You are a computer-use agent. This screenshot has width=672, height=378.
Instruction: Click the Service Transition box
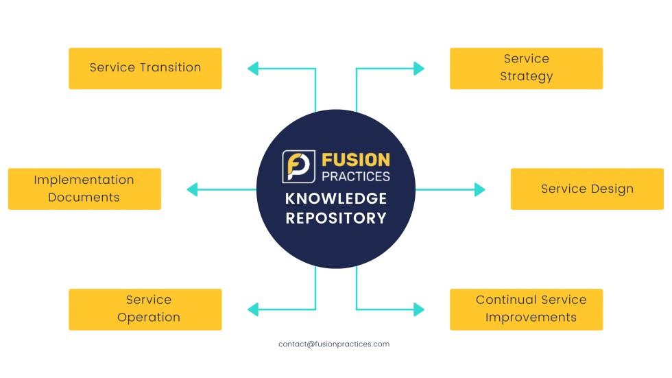click(x=145, y=68)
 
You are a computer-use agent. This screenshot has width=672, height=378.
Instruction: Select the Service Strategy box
click(x=526, y=68)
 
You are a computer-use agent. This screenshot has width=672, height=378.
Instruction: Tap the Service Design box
click(x=587, y=189)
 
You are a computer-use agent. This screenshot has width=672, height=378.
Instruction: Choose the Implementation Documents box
click(x=84, y=189)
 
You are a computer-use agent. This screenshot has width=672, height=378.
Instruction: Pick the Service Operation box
click(x=145, y=309)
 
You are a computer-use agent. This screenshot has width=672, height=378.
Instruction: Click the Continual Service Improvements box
click(x=526, y=309)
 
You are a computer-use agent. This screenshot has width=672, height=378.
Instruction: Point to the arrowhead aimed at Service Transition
click(x=252, y=68)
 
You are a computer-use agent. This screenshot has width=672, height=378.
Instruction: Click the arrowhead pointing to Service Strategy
click(x=420, y=68)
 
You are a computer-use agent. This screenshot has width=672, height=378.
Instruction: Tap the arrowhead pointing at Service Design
click(x=480, y=189)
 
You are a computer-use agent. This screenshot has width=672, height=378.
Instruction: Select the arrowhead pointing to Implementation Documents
click(x=192, y=189)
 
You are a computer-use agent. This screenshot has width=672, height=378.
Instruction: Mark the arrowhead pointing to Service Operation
click(x=252, y=309)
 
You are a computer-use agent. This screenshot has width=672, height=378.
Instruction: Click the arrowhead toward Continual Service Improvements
click(x=420, y=309)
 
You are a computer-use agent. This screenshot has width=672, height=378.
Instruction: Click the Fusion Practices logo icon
click(x=299, y=167)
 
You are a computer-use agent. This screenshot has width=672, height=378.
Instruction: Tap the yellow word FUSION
click(x=356, y=160)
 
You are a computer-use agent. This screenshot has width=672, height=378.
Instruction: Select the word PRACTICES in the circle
click(x=356, y=176)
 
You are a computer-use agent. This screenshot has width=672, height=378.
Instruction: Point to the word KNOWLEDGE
click(x=336, y=199)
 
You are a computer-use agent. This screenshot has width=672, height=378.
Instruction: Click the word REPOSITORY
click(x=336, y=219)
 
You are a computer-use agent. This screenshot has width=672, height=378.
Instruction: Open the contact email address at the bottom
click(x=334, y=344)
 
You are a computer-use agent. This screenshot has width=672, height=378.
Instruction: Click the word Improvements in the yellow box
click(x=531, y=318)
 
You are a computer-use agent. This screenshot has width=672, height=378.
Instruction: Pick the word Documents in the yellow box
click(x=84, y=198)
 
